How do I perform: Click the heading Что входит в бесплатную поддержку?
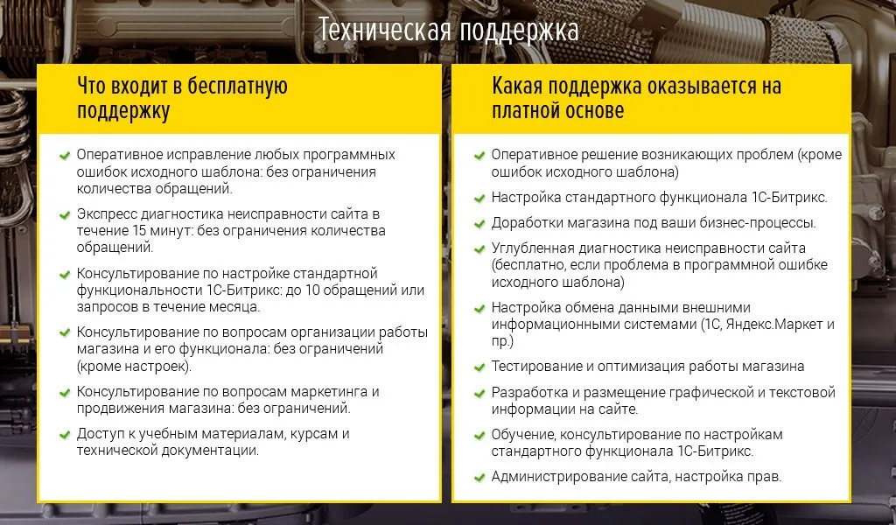182,98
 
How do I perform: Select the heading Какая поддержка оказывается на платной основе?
636,98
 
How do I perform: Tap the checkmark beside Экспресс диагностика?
65,215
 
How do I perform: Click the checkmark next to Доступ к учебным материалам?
65,435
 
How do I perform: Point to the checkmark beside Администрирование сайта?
479,478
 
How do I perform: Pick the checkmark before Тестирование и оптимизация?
479,367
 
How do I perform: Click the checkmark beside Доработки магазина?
479,224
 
